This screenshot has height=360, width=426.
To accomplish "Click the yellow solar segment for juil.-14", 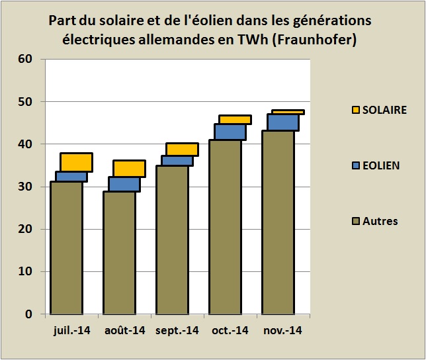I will (76, 162).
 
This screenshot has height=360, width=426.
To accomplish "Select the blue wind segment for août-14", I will (124, 184).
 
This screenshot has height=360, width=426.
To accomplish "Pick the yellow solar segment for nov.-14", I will (288, 112).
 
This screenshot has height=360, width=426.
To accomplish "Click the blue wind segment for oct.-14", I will (230, 132).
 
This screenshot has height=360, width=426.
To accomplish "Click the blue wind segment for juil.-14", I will (71, 176).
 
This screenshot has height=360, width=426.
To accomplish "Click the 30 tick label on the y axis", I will (26, 187).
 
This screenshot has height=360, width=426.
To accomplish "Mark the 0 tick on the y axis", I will (29, 314).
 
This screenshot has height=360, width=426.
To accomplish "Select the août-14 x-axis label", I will (125, 329).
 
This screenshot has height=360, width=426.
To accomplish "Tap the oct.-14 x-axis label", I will (230, 329).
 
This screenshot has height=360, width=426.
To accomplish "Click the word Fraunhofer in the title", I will (318, 40).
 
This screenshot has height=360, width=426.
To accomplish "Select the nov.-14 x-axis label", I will (282, 329).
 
